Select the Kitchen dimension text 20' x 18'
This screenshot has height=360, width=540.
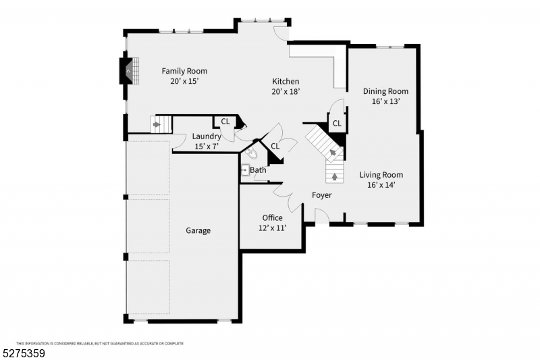pyautogui.click(x=286, y=91)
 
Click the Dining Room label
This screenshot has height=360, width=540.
pyautogui.click(x=385, y=91)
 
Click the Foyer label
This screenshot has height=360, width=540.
pyautogui.click(x=321, y=195)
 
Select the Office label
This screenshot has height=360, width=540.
pyautogui.click(x=272, y=217)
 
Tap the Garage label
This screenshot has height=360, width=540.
pyautogui.click(x=198, y=230)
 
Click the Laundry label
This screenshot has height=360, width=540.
pyautogui.click(x=206, y=136)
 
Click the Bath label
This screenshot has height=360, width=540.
pyautogui.click(x=258, y=170)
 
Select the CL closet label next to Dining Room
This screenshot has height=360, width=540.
pyautogui.click(x=336, y=122)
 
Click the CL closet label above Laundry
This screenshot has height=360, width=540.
pyautogui.click(x=225, y=122)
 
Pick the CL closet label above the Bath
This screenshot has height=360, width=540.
pyautogui.click(x=275, y=146)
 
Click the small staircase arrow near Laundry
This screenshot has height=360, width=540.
pyautogui.click(x=158, y=124)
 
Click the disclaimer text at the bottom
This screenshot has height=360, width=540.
pyautogui.click(x=99, y=343)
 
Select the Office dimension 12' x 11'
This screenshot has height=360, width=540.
pyautogui.click(x=272, y=228)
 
